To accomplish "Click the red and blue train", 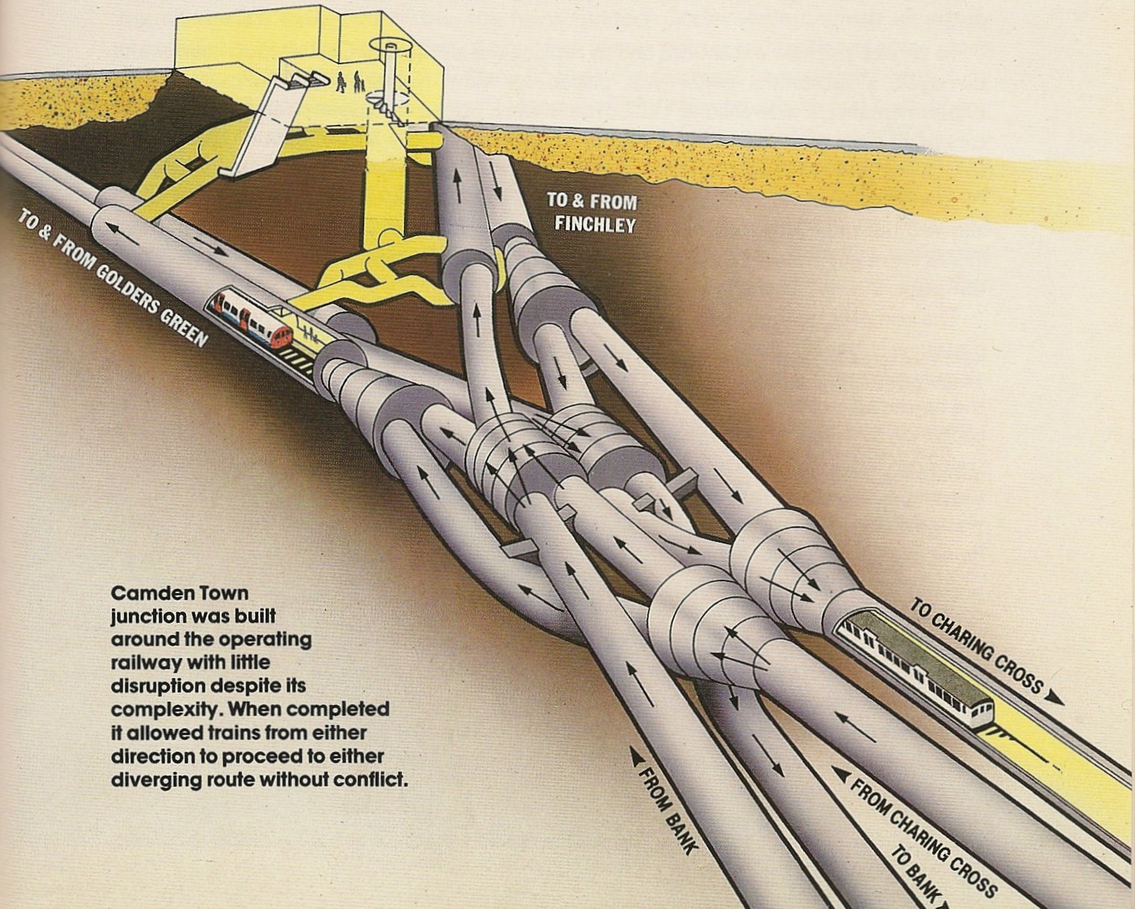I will [251, 319].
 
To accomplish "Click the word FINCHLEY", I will [595, 223].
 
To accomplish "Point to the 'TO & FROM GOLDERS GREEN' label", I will [112, 277].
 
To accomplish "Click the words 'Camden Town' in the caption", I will [179, 593].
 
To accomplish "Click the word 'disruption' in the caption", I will [158, 686].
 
